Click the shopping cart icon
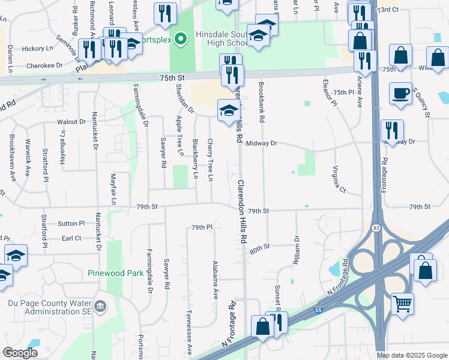(x=402, y=302)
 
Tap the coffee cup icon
(x=400, y=94)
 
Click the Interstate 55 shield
(x=319, y=311)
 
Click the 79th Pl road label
(x=202, y=227)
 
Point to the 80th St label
(x=261, y=247)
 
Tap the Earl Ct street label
(x=71, y=238)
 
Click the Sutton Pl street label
(x=71, y=223)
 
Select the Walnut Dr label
(x=71, y=122)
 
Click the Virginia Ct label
(x=339, y=179)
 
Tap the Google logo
(x=20, y=353)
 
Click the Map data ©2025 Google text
(x=411, y=355)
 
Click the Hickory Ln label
(x=38, y=49)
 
